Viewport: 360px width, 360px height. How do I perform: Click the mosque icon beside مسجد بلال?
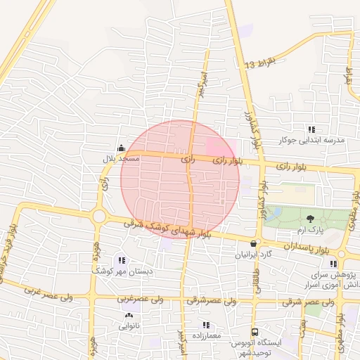tap(122, 148)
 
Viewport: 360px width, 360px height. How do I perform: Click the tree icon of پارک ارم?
tap(311, 219)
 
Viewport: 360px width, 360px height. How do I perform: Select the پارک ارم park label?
tap(311, 230)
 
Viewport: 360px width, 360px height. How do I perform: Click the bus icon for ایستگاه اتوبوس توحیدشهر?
tap(255, 332)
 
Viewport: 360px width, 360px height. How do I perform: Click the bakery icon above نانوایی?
tap(126, 315)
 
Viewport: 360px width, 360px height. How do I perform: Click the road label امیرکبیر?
tap(202, 79)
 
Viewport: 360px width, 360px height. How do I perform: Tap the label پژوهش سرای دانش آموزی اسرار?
tap(329, 277)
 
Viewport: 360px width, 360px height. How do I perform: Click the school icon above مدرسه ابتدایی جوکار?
tap(311, 129)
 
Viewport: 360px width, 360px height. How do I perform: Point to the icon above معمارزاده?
tap(206, 325)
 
